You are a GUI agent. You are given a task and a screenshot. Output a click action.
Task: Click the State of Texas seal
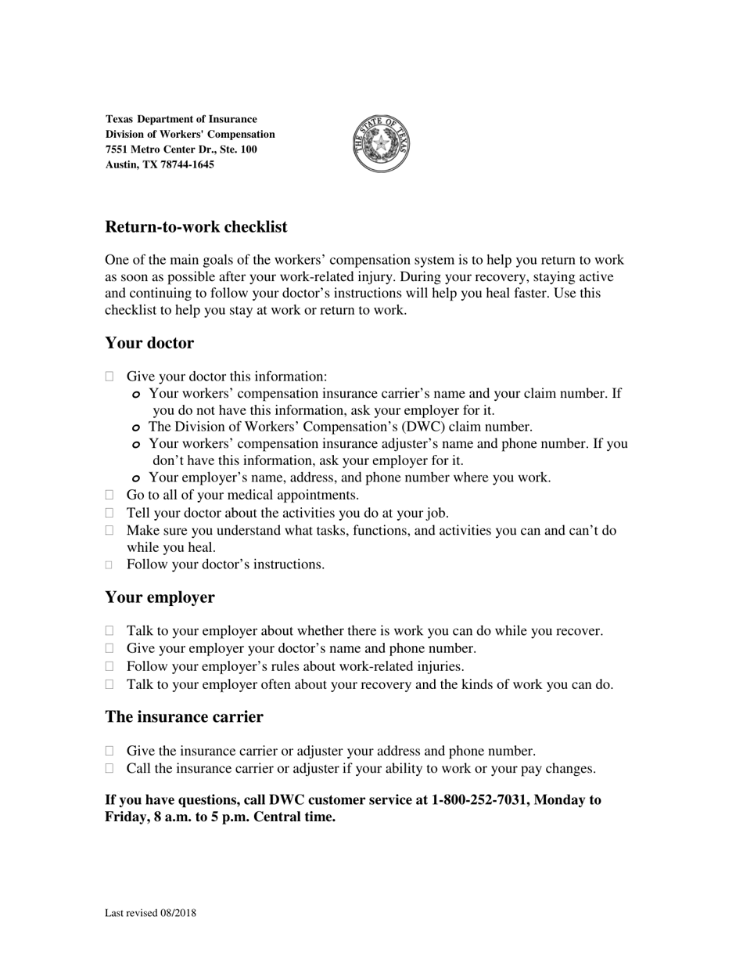click(x=382, y=143)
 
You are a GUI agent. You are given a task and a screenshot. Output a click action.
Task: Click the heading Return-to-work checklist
click(x=196, y=227)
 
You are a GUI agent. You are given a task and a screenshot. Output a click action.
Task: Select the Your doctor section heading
click(x=149, y=343)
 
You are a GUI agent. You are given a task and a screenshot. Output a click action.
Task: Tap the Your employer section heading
click(x=160, y=597)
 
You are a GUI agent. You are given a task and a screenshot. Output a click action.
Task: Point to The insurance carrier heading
click(x=184, y=717)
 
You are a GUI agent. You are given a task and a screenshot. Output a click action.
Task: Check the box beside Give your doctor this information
click(x=109, y=377)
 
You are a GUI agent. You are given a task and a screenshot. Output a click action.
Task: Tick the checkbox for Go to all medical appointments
click(x=109, y=495)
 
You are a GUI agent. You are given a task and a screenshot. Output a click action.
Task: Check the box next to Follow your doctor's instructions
click(x=109, y=564)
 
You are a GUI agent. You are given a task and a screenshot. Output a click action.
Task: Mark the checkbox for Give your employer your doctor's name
click(x=109, y=648)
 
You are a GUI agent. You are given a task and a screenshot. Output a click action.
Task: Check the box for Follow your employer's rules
click(x=109, y=666)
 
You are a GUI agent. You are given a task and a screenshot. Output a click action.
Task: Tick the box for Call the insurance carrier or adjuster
click(x=109, y=769)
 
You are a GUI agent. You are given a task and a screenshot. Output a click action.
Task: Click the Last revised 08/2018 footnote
click(x=150, y=913)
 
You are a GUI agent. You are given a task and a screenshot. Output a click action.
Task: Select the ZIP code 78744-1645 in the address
click(x=187, y=164)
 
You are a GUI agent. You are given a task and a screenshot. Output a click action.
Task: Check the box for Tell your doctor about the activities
click(x=109, y=513)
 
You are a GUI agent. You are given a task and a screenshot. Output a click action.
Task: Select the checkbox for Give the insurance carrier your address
click(x=109, y=751)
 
